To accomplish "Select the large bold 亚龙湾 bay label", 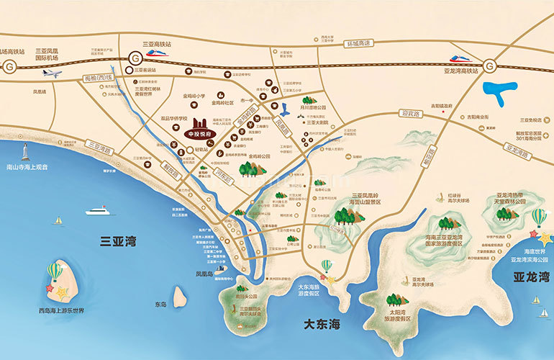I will (530, 276).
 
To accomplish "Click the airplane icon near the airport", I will (52, 73).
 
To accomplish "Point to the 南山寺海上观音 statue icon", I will (26, 152).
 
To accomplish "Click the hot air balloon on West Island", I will (55, 271).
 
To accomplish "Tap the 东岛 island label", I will (160, 305).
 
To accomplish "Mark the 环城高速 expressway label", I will (356, 43).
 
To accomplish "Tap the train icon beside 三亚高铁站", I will (157, 51).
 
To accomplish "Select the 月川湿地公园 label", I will (313, 107).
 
